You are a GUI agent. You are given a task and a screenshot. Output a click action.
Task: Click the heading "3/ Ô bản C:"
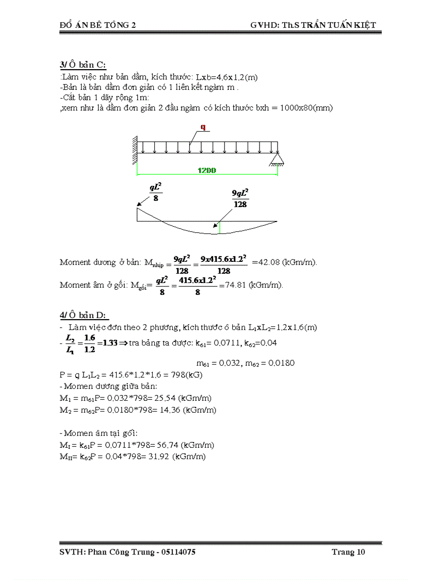coord(83,65)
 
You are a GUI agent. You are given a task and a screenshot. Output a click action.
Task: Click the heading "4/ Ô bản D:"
coord(84,315)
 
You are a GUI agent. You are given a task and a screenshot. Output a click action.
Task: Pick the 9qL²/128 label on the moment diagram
coord(240,198)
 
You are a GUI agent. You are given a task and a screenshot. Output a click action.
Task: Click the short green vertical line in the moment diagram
coord(219,227)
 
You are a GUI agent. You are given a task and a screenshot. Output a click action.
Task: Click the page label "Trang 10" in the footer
coord(348,552)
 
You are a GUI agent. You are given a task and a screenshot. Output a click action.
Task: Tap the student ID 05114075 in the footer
coord(179,552)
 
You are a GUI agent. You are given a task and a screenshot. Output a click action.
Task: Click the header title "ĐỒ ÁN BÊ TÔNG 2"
coord(98,25)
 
